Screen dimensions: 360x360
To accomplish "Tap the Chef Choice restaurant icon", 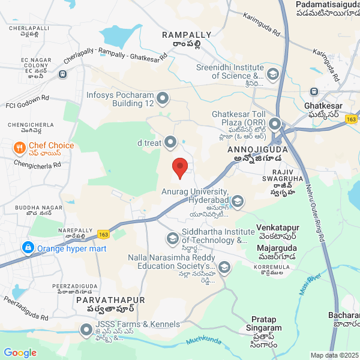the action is pos(20,147).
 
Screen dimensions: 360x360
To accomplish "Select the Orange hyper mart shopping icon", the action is pos(27,247).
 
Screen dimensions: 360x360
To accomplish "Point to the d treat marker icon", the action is pos(170,142).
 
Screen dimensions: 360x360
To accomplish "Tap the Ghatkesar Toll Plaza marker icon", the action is pos(275,125).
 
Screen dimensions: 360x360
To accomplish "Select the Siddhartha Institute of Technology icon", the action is pos(172,239).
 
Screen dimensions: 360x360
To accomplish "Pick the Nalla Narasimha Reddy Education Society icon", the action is pos(224,266).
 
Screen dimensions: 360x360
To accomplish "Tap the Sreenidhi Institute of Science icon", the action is pos(273,74).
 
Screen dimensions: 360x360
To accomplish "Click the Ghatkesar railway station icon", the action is pos(314,92).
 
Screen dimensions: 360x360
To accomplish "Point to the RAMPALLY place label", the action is pos(187,35).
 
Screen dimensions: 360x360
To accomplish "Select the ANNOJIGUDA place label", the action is pos(257,149).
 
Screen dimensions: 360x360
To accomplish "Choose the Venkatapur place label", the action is pos(278,228).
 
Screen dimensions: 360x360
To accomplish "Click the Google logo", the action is pos(20,352).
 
